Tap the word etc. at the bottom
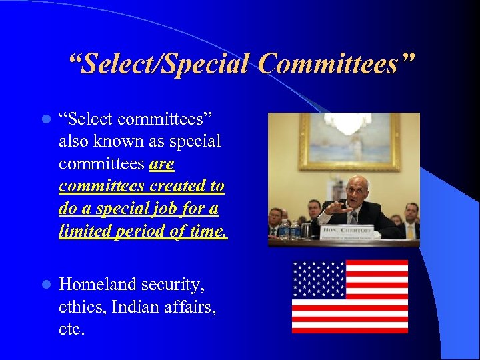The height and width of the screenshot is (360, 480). click(x=73, y=329)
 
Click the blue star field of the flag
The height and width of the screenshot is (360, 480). click(x=319, y=279)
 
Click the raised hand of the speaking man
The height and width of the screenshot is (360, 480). click(x=336, y=207)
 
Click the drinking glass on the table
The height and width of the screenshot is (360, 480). click(x=306, y=230)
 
